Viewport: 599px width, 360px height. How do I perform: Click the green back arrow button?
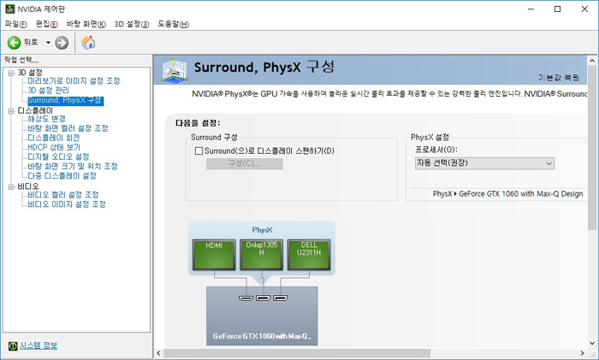tap(15, 43)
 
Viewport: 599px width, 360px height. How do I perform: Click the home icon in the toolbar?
tap(88, 43)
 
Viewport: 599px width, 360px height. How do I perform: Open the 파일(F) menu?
tap(15, 24)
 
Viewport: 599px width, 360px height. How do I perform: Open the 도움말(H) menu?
tap(174, 24)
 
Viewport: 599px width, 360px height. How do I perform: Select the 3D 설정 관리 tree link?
tap(49, 91)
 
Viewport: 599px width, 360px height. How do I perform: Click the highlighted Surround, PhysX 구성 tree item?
tap(65, 100)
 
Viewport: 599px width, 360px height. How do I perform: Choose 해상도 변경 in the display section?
tap(46, 119)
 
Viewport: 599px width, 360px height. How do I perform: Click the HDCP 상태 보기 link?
tap(54, 147)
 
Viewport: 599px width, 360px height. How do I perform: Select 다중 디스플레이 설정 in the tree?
tap(62, 176)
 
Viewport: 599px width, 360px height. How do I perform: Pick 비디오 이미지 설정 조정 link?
tap(67, 204)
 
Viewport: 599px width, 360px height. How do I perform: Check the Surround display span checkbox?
tap(199, 151)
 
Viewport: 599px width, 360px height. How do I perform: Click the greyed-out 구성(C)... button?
tap(245, 164)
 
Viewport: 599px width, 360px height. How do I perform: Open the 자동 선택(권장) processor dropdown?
tap(484, 163)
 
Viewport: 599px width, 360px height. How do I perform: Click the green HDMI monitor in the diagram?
tap(214, 255)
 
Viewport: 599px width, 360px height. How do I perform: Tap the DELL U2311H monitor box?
tap(309, 255)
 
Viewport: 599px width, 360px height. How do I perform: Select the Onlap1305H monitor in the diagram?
tap(261, 255)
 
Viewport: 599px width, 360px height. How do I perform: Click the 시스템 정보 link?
tap(39, 345)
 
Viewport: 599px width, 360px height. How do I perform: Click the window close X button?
tap(584, 9)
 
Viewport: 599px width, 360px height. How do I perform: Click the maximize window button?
tap(557, 9)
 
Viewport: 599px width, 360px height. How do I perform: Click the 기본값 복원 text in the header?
tap(559, 78)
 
